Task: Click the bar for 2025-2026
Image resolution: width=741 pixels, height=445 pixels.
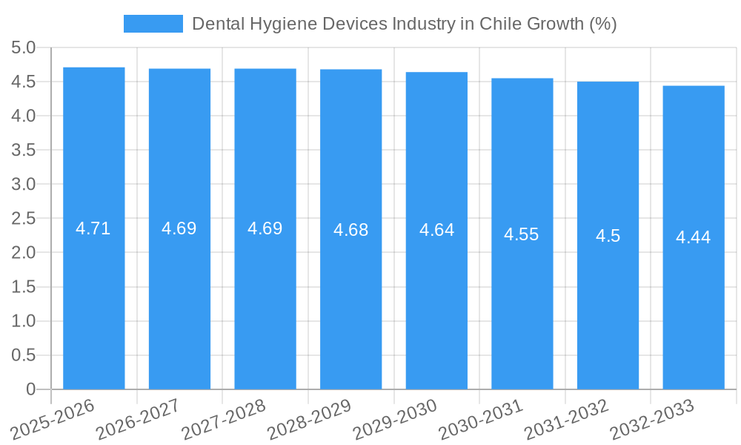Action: [x=94, y=297]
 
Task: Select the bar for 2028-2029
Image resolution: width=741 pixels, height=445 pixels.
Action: [x=351, y=297]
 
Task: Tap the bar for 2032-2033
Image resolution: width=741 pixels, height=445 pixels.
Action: [x=694, y=297]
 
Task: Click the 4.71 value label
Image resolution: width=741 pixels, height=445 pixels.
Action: [x=93, y=228]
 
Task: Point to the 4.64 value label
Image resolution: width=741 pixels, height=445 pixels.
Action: [x=436, y=230]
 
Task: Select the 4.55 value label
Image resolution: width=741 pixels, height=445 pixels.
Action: [x=522, y=234]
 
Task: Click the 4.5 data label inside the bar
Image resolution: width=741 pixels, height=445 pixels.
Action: [x=608, y=236]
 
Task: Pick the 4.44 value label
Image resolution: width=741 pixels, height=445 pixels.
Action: [x=693, y=237]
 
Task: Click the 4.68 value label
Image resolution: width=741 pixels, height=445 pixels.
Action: [x=350, y=230]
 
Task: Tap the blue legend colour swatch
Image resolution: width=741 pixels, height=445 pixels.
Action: [x=153, y=24]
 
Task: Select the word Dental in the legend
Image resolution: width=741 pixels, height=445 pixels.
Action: [x=216, y=24]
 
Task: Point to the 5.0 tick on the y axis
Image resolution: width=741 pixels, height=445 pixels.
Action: [x=24, y=48]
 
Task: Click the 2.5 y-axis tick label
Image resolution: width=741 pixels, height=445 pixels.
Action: [x=24, y=219]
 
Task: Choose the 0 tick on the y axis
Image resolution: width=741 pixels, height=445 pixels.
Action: [x=30, y=389]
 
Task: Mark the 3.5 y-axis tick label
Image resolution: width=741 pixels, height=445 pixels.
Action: [x=24, y=151]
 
